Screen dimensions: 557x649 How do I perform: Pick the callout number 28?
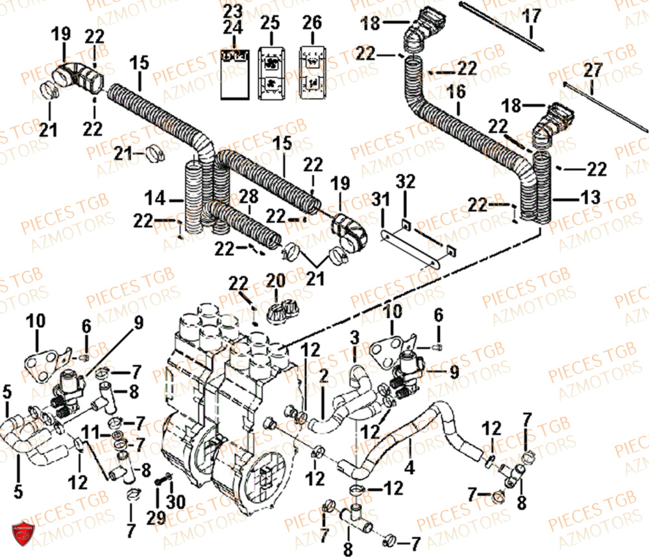click(246, 197)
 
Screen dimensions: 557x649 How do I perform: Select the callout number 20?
click(276, 281)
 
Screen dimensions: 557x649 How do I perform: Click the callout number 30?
click(171, 502)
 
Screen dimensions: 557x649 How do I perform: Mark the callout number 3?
click(354, 337)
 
